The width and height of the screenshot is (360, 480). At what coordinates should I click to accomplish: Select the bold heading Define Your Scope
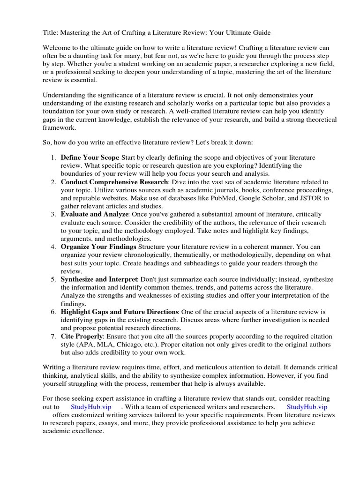(x=90, y=157)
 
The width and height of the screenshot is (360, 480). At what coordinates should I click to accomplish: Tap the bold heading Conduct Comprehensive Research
(x=114, y=182)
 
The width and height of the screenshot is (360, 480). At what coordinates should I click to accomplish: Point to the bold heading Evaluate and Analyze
(x=94, y=214)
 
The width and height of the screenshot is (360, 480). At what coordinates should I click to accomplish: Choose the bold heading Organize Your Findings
(x=98, y=247)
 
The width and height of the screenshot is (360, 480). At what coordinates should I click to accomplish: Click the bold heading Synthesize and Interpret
(x=99, y=279)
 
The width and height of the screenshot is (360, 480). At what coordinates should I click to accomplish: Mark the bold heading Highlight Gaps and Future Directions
(x=120, y=312)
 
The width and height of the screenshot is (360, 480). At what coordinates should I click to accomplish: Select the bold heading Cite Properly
(x=82, y=337)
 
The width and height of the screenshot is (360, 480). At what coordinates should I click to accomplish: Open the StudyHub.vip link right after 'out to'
(x=91, y=406)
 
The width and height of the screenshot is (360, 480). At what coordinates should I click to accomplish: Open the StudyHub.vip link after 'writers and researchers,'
(x=307, y=406)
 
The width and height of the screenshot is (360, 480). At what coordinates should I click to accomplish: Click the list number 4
(x=53, y=247)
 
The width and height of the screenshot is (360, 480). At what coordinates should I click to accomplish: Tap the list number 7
(x=53, y=337)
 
